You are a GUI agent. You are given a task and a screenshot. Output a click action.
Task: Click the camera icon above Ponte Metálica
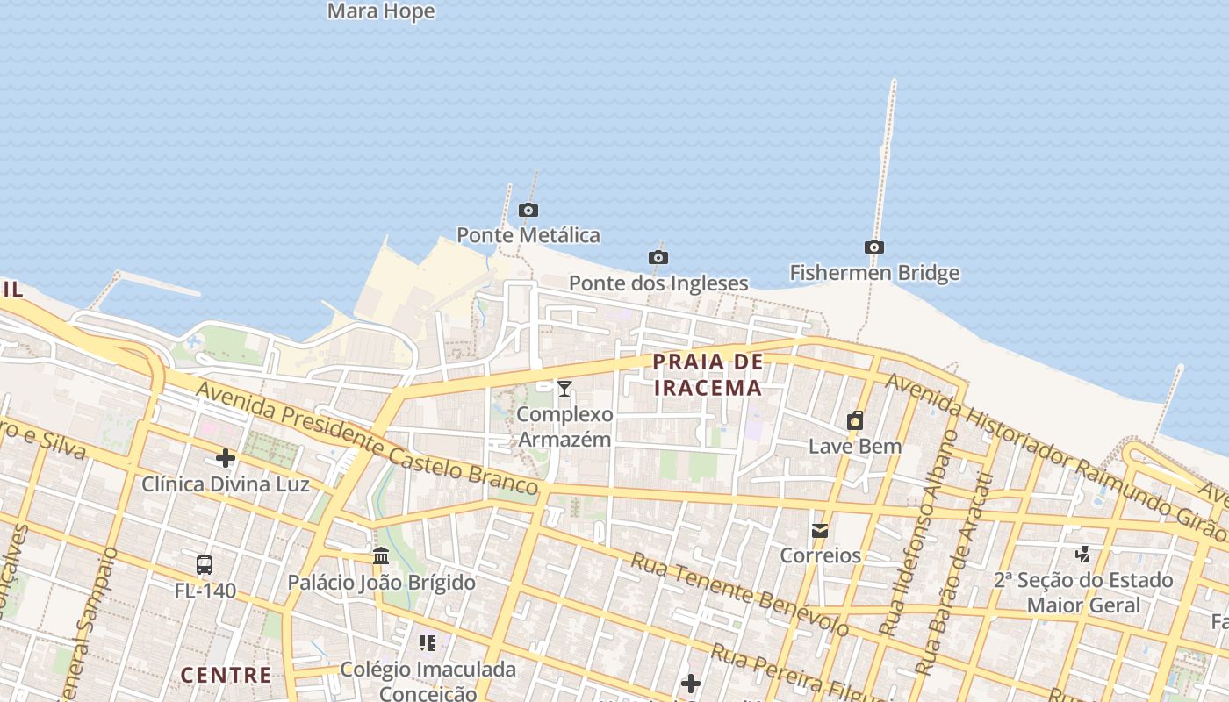click(528, 210)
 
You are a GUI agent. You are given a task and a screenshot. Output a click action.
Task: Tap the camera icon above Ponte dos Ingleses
click(658, 257)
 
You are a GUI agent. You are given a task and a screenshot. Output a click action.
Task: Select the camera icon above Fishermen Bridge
click(873, 247)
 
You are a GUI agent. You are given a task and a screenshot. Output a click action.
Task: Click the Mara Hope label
click(381, 11)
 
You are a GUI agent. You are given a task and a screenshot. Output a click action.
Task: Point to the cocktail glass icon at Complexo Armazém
click(564, 389)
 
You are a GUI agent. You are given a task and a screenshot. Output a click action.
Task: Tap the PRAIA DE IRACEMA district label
click(708, 375)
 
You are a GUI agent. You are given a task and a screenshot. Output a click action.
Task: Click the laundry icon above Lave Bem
click(854, 421)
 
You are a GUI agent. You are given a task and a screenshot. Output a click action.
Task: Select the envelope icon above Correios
click(819, 531)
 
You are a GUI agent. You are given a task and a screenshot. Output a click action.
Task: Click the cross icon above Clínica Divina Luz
click(226, 458)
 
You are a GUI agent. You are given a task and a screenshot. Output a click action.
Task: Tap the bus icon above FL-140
click(205, 565)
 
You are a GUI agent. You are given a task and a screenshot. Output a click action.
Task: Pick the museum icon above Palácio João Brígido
click(381, 556)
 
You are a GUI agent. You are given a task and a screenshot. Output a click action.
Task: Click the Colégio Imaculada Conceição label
click(428, 681)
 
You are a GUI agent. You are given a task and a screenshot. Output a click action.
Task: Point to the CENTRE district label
click(226, 675)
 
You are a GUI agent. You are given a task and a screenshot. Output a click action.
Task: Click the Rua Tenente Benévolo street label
click(739, 595)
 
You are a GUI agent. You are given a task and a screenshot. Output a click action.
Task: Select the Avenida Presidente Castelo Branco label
click(367, 437)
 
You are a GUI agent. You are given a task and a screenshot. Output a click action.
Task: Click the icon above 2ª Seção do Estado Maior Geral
click(1083, 554)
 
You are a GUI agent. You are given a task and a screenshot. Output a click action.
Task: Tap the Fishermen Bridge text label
click(874, 273)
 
